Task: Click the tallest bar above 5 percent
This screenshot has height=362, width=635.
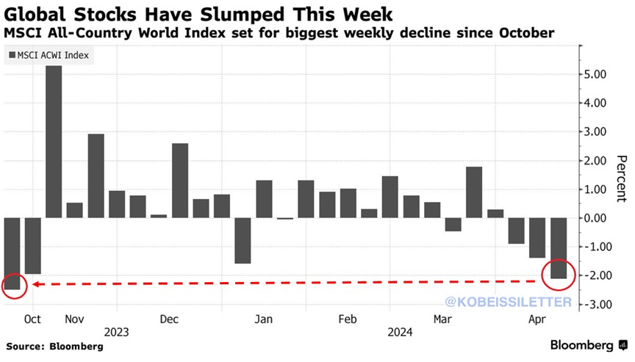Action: click(x=54, y=141)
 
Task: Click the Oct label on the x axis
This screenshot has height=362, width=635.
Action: click(x=32, y=319)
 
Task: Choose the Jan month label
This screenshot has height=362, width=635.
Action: click(x=264, y=319)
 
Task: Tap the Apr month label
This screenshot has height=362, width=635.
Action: click(x=538, y=319)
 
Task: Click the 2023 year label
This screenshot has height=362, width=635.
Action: click(x=117, y=332)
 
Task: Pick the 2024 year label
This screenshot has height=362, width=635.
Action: click(x=400, y=332)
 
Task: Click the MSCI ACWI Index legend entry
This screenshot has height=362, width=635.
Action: click(x=50, y=56)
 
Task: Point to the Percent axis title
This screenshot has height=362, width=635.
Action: click(x=621, y=178)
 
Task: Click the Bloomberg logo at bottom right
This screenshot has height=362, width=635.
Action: click(x=584, y=345)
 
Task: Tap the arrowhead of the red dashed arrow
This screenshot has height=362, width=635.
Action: click(x=33, y=284)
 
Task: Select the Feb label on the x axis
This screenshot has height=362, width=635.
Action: click(x=348, y=319)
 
